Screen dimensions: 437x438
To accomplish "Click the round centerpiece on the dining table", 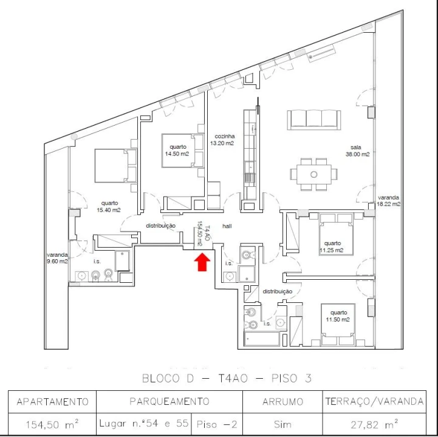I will tap(313, 174).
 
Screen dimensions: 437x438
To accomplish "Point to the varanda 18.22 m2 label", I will tap(389, 201).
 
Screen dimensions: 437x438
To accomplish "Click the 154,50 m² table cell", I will tap(52, 423).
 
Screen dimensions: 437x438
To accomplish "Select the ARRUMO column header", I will tap(282, 401).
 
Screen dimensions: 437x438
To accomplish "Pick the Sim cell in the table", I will tap(282, 423).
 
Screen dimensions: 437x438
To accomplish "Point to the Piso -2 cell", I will tap(217, 423).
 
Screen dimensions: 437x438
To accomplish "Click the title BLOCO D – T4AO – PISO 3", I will tap(227, 378).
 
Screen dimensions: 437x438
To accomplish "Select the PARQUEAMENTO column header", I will tap(169, 401).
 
